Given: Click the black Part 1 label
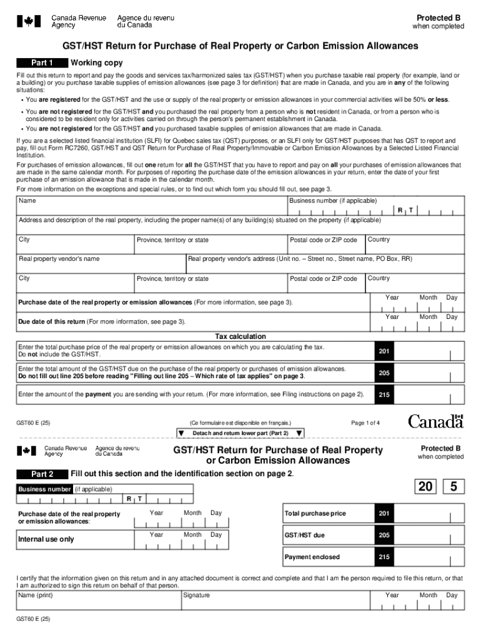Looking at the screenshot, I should (x=42, y=63).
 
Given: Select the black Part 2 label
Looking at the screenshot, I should (x=42, y=474).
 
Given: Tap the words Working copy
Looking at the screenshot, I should (x=97, y=63).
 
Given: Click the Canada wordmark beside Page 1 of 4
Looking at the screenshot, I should (x=435, y=422).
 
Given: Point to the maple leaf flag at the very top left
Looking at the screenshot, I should (x=28, y=22).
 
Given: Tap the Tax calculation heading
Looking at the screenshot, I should (x=241, y=336).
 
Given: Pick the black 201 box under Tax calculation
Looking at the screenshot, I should (x=384, y=352).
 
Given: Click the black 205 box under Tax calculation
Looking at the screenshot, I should (x=384, y=373).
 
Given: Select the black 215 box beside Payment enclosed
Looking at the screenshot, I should (x=384, y=557).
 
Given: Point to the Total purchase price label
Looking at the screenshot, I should (x=315, y=514).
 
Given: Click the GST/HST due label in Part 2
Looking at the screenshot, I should (x=304, y=535).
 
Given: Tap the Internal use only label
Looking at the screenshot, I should (x=46, y=539).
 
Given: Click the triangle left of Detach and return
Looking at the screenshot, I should (x=181, y=433).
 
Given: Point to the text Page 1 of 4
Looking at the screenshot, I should (x=365, y=423).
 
